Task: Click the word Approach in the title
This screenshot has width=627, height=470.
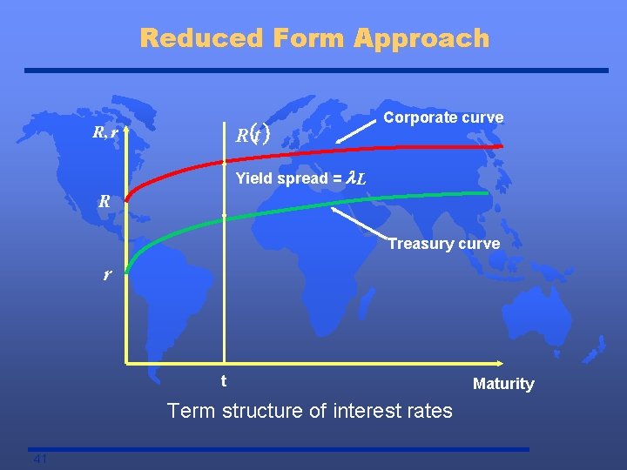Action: (422, 38)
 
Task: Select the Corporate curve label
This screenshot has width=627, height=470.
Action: (443, 117)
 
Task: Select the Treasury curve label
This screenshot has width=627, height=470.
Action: (443, 244)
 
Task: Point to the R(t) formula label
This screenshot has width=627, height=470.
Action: (253, 135)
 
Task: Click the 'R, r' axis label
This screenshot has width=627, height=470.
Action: (105, 133)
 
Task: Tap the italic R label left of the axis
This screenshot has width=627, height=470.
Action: (104, 201)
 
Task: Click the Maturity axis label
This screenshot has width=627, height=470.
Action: (502, 384)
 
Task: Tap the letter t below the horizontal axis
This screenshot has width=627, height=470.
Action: (224, 381)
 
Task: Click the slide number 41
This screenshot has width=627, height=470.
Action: (39, 459)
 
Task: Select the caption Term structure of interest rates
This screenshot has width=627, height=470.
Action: (309, 410)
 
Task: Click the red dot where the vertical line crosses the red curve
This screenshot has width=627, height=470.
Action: (224, 162)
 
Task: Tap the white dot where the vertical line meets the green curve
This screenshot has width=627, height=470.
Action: (224, 214)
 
